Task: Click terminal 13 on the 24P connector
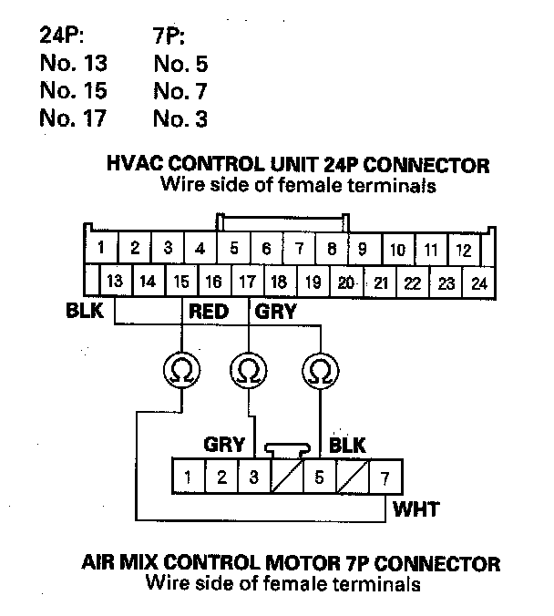tap(116, 282)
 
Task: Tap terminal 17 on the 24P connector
tap(247, 282)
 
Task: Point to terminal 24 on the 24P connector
tap(479, 282)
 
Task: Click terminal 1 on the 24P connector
tap(102, 248)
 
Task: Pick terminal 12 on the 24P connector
tap(463, 249)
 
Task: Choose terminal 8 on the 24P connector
tap(332, 248)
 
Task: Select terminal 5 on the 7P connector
tap(318, 477)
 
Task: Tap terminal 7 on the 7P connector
tap(385, 477)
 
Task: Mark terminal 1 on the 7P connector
tap(187, 477)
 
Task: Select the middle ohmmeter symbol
tap(247, 371)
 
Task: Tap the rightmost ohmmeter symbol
tap(319, 371)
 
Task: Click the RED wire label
tap(209, 313)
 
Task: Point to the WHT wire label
tap(415, 508)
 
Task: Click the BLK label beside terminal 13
tap(85, 311)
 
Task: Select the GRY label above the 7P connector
tap(224, 445)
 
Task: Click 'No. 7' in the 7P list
tap(180, 91)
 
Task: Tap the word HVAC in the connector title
tap(134, 166)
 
